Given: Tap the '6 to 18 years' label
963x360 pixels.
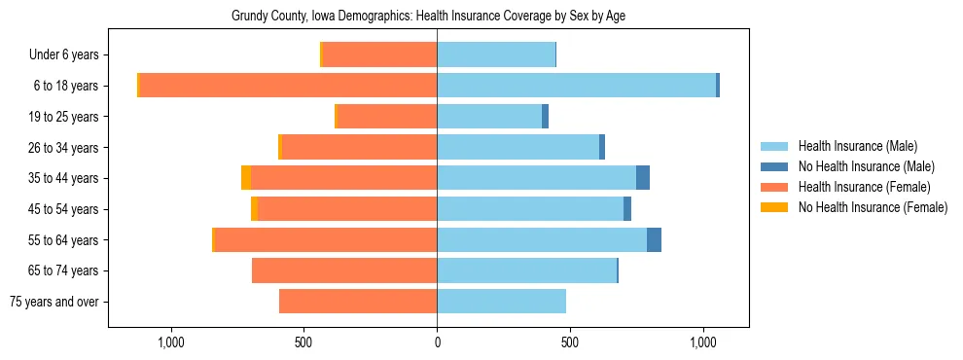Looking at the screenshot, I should (65, 86).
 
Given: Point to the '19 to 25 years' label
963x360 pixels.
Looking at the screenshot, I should (63, 117).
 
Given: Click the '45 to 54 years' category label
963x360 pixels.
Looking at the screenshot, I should (63, 209).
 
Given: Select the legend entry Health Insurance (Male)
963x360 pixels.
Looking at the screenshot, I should (857, 147).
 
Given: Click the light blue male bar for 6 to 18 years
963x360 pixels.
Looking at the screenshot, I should (576, 86).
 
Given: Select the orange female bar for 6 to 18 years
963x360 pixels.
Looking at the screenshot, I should (288, 86).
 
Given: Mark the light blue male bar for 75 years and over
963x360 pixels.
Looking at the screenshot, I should (501, 302).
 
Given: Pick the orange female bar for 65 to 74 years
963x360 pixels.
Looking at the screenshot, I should (344, 270).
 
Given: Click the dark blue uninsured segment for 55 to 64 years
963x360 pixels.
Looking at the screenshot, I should (654, 239).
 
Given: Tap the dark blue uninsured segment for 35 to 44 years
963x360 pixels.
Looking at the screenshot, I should (643, 178).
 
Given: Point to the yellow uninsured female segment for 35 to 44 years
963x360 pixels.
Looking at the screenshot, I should (246, 178).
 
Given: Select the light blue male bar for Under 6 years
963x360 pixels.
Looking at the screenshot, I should (496, 55).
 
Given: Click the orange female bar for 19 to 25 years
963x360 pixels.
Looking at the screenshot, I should (387, 117).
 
